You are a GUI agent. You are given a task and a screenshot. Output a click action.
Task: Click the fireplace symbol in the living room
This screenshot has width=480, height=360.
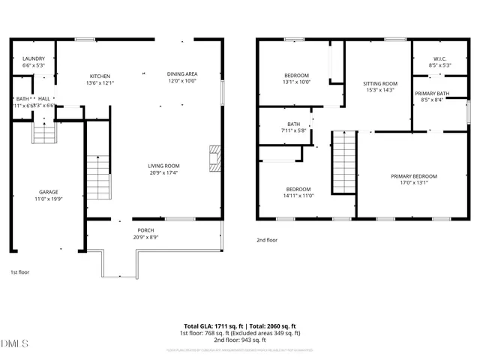pyautogui.click(x=215, y=158)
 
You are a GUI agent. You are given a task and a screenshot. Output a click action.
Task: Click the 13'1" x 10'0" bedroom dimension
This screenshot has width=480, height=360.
pyautogui.click(x=298, y=82)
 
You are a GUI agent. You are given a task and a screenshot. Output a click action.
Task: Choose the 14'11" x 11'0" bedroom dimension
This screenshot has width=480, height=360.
pyautogui.click(x=298, y=196)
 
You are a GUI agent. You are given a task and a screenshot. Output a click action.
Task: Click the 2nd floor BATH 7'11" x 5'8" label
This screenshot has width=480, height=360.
pyautogui.click(x=293, y=127)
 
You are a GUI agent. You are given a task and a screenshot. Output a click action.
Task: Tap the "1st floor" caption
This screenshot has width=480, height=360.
pyautogui.click(x=20, y=271)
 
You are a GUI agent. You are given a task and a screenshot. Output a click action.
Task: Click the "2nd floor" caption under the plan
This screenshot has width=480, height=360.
pyautogui.click(x=268, y=240)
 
